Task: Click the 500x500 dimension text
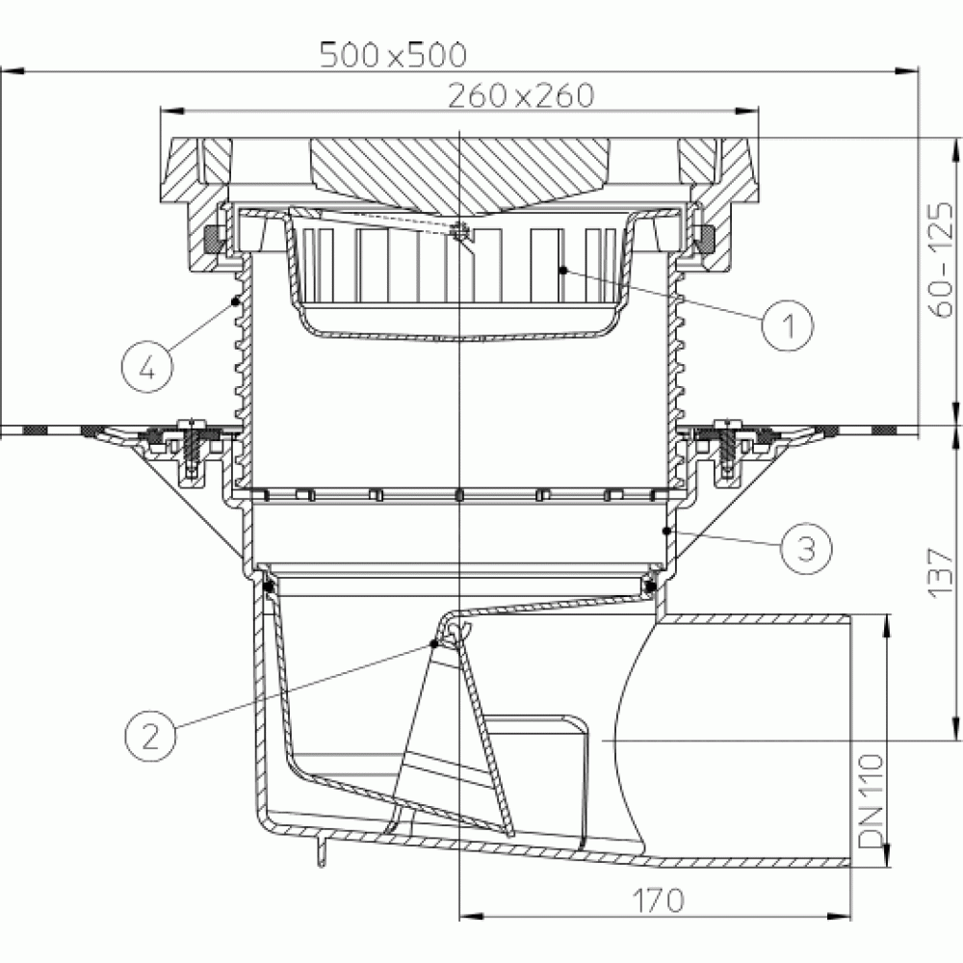click(393, 55)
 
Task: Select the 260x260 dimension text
click(521, 95)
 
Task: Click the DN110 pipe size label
click(871, 801)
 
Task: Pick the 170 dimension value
click(657, 901)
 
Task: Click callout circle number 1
click(788, 325)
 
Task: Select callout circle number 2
click(150, 736)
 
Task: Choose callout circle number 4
click(147, 367)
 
